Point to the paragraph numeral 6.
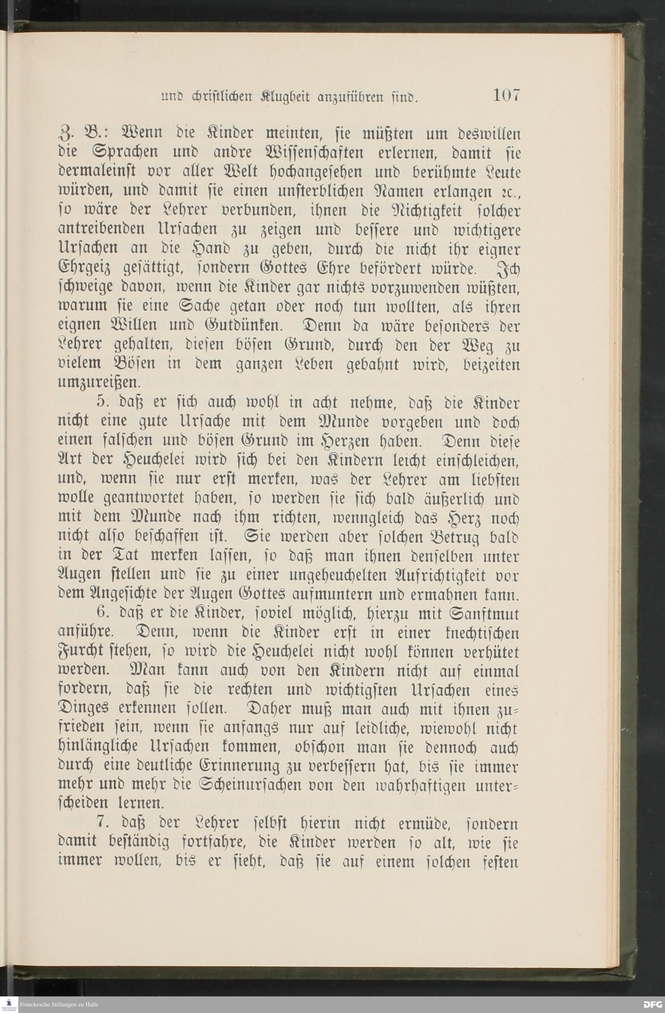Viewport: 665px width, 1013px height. pyautogui.click(x=101, y=614)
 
